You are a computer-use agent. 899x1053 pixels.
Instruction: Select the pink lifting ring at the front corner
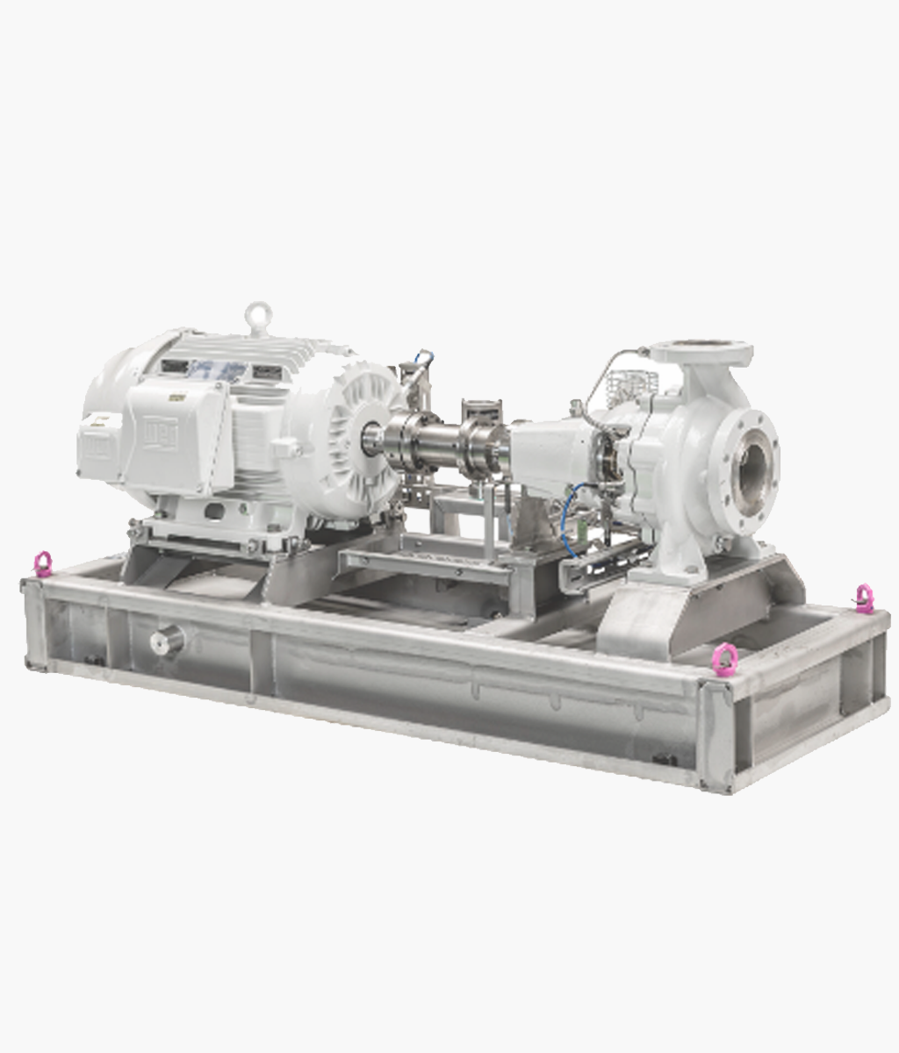pyautogui.click(x=723, y=655)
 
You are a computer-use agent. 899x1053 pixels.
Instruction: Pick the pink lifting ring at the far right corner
pyautogui.click(x=864, y=598)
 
